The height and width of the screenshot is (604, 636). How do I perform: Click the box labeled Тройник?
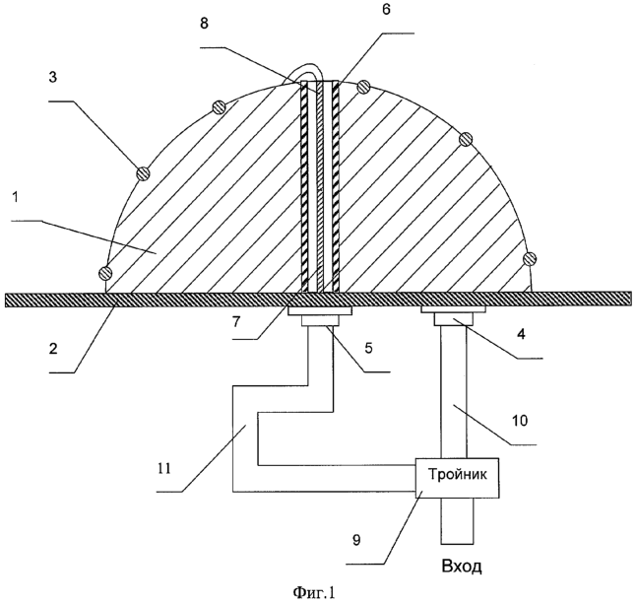pyautogui.click(x=458, y=478)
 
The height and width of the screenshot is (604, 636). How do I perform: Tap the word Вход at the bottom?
pyautogui.click(x=462, y=566)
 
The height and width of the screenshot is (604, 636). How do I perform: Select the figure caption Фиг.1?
pyautogui.click(x=314, y=592)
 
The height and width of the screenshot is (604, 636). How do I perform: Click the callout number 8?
pyautogui.click(x=204, y=24)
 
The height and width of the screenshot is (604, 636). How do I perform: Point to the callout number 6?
pyautogui.click(x=386, y=10)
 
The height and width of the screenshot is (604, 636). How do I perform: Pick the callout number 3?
pyautogui.click(x=53, y=77)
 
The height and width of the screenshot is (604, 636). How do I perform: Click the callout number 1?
pyautogui.click(x=16, y=198)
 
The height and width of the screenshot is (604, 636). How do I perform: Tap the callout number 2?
pyautogui.click(x=53, y=348)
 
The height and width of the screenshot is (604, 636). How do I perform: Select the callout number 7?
pyautogui.click(x=236, y=321)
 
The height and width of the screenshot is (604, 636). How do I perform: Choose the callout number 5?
pyautogui.click(x=368, y=348)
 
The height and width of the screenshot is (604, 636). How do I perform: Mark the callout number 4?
pyautogui.click(x=521, y=334)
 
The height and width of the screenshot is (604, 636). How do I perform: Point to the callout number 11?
pyautogui.click(x=164, y=468)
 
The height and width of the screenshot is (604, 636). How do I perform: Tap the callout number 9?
pyautogui.click(x=356, y=540)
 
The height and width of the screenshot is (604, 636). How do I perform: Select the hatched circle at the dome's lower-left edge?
pyautogui.click(x=105, y=272)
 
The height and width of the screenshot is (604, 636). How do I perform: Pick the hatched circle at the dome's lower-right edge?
pyautogui.click(x=530, y=258)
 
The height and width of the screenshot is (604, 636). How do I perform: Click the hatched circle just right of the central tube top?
pyautogui.click(x=364, y=87)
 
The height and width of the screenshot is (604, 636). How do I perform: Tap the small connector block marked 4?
pyautogui.click(x=454, y=320)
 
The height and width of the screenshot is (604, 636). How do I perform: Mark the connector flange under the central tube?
pyautogui.click(x=320, y=311)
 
